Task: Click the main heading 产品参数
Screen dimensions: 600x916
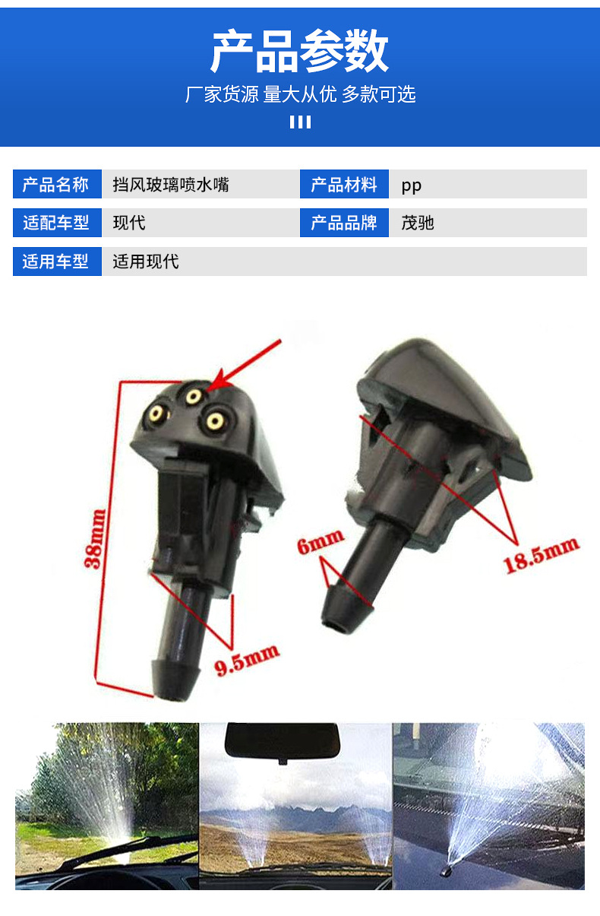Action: click(299, 51)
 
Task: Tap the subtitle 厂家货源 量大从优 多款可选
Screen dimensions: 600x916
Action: click(300, 94)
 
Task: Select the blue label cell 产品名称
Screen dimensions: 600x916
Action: click(57, 184)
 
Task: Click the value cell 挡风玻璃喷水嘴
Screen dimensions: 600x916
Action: click(171, 185)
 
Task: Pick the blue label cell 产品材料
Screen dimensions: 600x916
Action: click(344, 184)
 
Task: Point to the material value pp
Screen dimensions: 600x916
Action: click(412, 186)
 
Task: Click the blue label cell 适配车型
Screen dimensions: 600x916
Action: click(57, 223)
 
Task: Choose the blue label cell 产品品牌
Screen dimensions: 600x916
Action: click(344, 223)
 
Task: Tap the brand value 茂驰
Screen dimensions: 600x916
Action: click(418, 223)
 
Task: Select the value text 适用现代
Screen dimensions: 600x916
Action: click(146, 261)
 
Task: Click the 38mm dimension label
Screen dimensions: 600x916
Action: click(95, 539)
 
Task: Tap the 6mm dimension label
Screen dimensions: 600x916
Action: click(321, 541)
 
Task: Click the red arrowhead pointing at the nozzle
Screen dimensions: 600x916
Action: click(219, 380)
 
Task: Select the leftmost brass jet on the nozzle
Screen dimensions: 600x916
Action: click(156, 414)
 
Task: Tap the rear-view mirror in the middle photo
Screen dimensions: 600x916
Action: click(283, 741)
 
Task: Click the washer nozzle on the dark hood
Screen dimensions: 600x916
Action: click(446, 871)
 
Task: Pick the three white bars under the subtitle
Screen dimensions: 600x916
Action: click(300, 122)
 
